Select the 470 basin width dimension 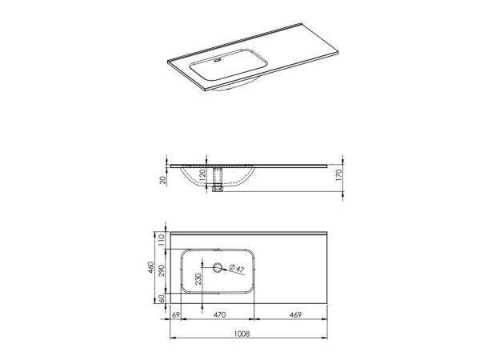[x=219, y=315]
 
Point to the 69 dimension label [x=178, y=315]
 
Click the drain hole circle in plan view [x=219, y=268]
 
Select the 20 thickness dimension [x=164, y=181]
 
